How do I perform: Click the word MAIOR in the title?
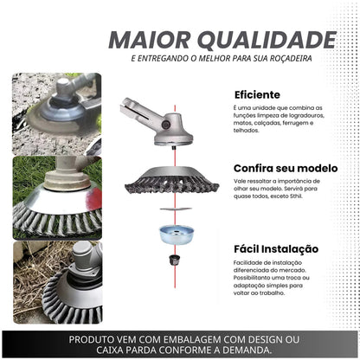pyautogui.click(x=150, y=40)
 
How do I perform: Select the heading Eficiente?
pyautogui.click(x=257, y=94)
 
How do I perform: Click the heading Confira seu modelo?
pyautogui.click(x=286, y=168)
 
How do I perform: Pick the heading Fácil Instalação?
pyautogui.click(x=276, y=249)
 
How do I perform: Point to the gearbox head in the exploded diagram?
pyautogui.click(x=156, y=122)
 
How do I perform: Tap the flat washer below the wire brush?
pyautogui.click(x=176, y=209)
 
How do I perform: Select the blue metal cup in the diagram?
pyautogui.click(x=177, y=235)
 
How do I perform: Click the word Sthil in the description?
pyautogui.click(x=296, y=196)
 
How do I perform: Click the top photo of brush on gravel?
pyautogui.click(x=57, y=113)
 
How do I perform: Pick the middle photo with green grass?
pyautogui.click(x=57, y=198)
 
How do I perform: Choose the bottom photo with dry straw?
pyautogui.click(x=58, y=282)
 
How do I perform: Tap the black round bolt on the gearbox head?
pyautogui.click(x=166, y=125)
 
